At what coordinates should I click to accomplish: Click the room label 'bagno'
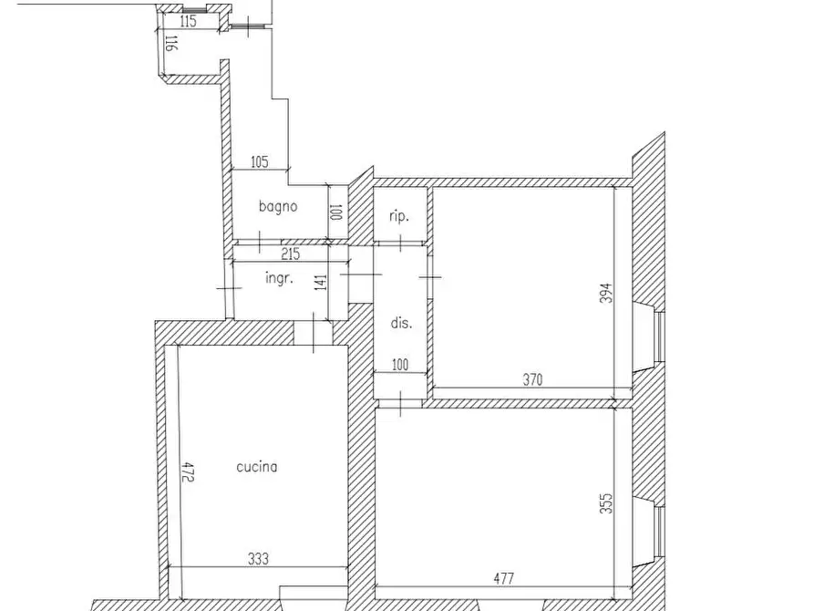click(x=278, y=206)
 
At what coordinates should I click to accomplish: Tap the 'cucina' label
click(x=256, y=466)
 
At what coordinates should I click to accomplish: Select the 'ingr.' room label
click(x=279, y=278)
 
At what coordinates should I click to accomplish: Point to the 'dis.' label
click(x=401, y=323)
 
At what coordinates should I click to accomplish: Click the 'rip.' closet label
click(x=398, y=216)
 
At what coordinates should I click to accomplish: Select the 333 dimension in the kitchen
click(x=258, y=558)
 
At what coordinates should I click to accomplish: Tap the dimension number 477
click(x=503, y=578)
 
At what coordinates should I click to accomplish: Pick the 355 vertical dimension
click(x=606, y=503)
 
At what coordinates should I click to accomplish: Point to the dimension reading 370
click(x=532, y=379)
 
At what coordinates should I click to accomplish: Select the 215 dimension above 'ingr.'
click(x=290, y=254)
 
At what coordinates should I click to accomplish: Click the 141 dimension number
click(x=322, y=282)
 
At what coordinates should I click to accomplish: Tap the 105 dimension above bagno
click(x=260, y=161)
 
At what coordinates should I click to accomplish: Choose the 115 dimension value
click(x=188, y=21)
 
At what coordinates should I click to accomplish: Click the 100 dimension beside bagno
click(x=335, y=212)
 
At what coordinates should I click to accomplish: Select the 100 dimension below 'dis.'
click(x=400, y=365)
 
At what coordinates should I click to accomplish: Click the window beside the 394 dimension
click(x=658, y=337)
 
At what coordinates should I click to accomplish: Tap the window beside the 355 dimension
click(x=658, y=531)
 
